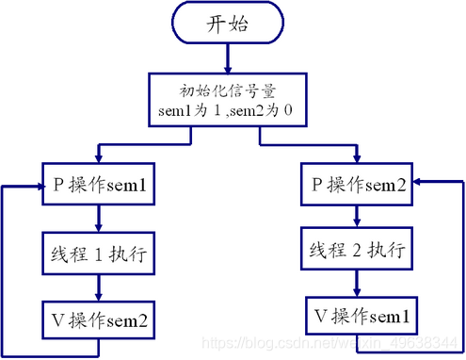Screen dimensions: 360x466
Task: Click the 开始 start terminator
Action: click(x=227, y=25)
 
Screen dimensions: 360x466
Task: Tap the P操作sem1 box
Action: click(x=97, y=185)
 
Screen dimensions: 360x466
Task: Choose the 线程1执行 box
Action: click(x=97, y=253)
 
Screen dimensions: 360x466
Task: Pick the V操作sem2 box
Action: click(x=97, y=319)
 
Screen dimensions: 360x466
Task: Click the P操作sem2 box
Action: click(x=359, y=185)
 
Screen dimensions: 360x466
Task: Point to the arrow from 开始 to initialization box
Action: click(x=227, y=59)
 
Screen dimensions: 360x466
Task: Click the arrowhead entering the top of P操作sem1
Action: click(x=98, y=156)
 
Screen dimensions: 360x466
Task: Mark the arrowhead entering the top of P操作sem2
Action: click(x=357, y=156)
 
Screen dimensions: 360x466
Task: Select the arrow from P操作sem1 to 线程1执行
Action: click(x=98, y=219)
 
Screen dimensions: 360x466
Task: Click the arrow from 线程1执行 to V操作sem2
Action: click(x=98, y=286)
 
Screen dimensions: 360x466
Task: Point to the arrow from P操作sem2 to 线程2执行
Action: click(x=357, y=216)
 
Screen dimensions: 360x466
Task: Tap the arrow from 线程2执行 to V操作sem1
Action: click(x=357, y=282)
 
